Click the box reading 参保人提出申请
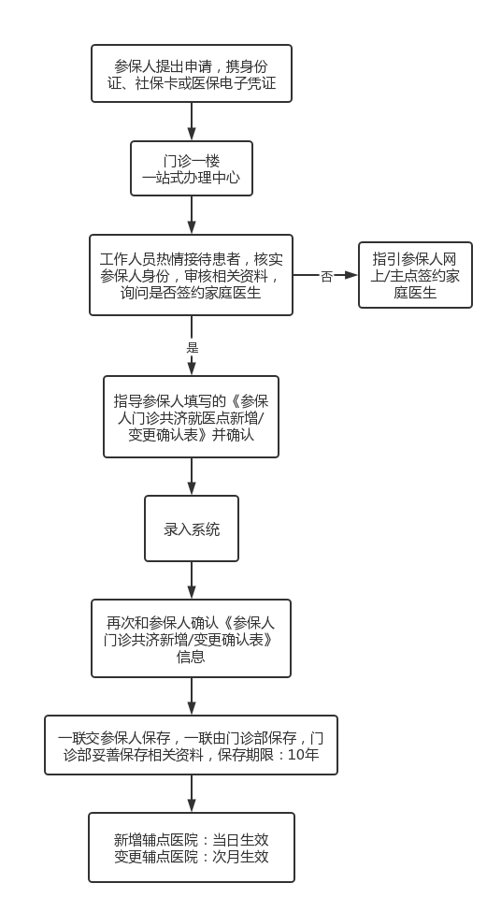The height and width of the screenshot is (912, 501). tap(192, 73)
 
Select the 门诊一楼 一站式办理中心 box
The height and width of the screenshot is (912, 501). tap(192, 168)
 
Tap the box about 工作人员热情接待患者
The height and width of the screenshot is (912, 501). tap(191, 275)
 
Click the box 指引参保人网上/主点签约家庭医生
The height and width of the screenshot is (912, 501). tap(415, 275)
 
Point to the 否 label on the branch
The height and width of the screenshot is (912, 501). tap(326, 277)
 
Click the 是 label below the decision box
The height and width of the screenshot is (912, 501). tap(193, 348)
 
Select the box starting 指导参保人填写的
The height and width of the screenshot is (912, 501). tap(192, 416)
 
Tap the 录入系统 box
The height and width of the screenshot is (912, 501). tap(192, 528)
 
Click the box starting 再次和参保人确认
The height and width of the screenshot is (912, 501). tap(192, 639)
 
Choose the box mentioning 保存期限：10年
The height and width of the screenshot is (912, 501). tap(192, 746)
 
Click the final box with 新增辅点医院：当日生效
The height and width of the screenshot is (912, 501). tap(192, 847)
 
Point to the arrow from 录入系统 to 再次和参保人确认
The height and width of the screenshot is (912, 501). tap(192, 581)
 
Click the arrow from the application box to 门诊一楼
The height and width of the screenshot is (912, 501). tap(192, 122)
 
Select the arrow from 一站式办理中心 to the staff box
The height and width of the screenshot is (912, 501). tap(192, 215)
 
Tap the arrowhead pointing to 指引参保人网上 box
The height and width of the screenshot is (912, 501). tap(351, 275)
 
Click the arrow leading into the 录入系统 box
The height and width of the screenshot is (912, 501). tap(192, 477)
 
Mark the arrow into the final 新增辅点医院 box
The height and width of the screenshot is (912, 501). tap(192, 793)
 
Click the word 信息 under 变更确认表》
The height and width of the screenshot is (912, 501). tap(191, 657)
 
